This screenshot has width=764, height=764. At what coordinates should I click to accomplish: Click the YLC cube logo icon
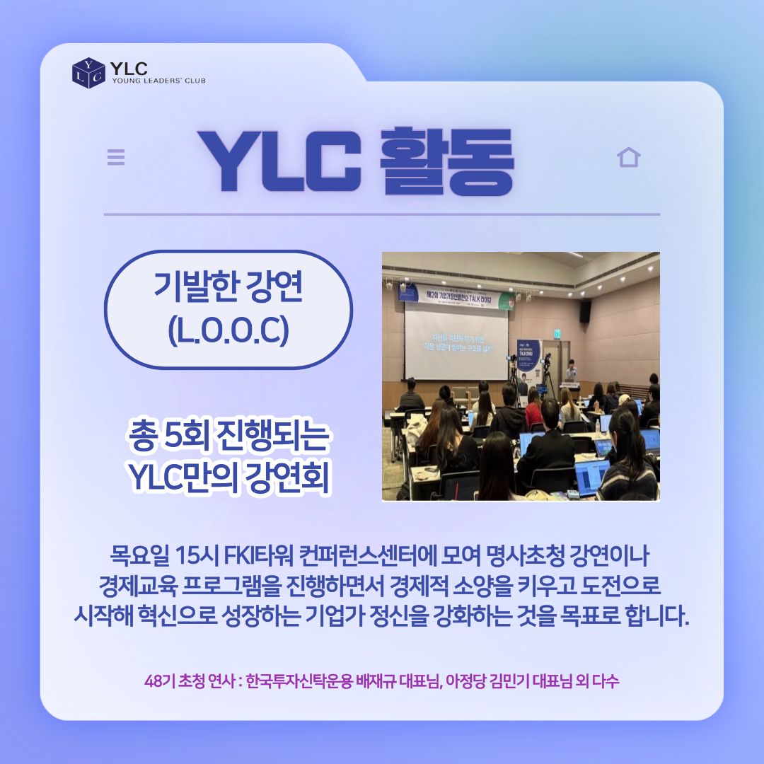[88, 72]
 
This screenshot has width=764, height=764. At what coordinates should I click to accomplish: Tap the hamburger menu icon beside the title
[116, 157]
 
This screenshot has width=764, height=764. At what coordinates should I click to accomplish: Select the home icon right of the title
[628, 157]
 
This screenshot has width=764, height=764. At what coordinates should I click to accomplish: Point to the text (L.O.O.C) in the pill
[228, 331]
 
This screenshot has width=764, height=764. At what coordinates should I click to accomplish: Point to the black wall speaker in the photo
[585, 311]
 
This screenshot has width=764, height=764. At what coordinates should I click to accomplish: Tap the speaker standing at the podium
[571, 373]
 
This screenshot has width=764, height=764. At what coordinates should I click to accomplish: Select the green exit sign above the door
[557, 334]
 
